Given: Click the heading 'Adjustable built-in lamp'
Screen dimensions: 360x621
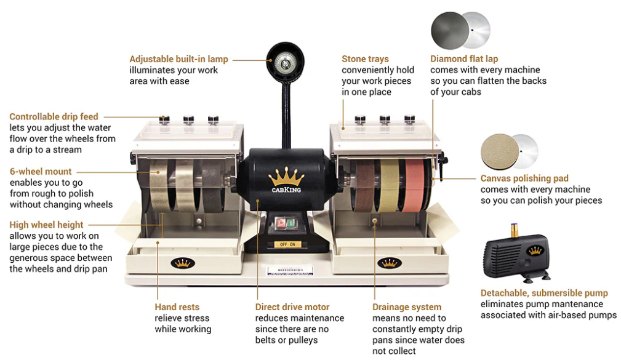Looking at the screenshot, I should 178,59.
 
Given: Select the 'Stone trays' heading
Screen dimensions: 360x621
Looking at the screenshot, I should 365,59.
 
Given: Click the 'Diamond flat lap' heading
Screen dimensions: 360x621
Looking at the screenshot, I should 464,59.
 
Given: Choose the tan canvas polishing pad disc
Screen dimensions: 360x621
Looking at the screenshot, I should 500,151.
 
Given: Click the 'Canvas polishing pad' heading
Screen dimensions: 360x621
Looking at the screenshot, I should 524,178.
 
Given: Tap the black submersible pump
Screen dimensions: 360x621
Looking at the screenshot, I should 516,253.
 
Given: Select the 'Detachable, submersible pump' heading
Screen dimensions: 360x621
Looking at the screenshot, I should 544,293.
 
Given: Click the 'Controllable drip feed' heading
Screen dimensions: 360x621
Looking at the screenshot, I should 54,116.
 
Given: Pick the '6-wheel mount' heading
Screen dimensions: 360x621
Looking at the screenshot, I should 41,171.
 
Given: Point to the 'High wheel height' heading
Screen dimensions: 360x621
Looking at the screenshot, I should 46,225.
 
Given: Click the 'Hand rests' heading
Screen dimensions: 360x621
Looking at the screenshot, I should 177,307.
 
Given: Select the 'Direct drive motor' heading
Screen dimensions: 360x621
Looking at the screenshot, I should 292,307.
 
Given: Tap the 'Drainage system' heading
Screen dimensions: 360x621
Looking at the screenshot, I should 407,307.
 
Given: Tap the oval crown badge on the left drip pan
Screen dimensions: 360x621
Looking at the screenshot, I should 182,263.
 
